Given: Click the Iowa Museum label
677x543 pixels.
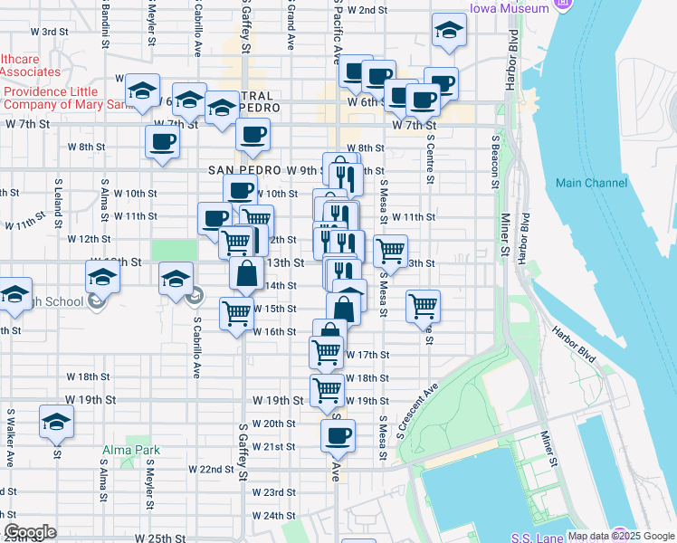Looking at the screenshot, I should coord(509,8).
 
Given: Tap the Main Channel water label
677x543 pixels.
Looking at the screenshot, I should coord(592,183).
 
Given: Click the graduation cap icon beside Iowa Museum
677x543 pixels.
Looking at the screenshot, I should coord(448,30).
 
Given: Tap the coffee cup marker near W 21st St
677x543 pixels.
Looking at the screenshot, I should coord(338,435).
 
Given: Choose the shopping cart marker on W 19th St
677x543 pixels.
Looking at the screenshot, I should coord(327,391).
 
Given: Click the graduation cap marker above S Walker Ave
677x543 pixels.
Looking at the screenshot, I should coord(56,421).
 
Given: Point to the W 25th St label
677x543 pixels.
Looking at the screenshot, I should coord(161,538).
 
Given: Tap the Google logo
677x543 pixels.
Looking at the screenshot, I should coord(30,532).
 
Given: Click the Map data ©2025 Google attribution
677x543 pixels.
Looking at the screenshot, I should coord(620,536).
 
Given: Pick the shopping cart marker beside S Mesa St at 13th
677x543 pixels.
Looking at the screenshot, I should coord(390,250).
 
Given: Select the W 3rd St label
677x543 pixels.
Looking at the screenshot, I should coord(55,32).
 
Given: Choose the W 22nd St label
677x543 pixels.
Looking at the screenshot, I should coord(211,469).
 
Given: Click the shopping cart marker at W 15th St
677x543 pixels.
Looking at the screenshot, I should coord(236,314).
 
